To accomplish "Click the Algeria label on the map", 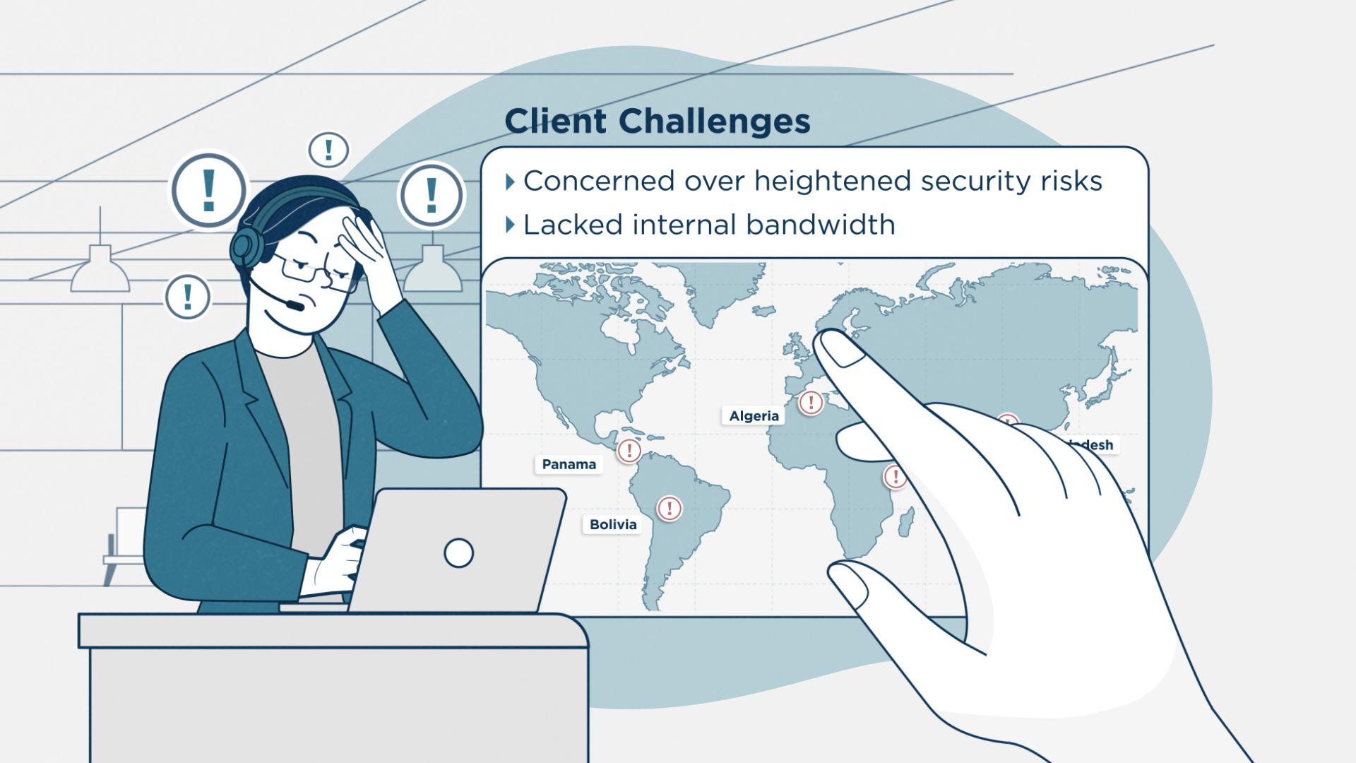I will coord(754,416).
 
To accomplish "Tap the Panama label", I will coord(569,464).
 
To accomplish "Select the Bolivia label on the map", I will coord(613,524).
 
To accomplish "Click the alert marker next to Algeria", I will coord(811,403).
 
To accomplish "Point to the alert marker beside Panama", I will coord(629,450).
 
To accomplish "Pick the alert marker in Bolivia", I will coord(669,508).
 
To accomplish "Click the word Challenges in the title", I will coord(714,122).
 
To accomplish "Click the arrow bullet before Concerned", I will coord(510,182).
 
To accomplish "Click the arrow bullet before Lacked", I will coord(510,225).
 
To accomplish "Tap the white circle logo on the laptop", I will coord(458,552).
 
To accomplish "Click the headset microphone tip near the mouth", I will coord(295,305).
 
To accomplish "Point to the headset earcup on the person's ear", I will coord(244,247).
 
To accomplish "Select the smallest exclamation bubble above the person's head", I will coord(328,150).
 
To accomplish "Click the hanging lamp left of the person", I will coord(100,271).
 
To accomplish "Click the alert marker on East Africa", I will coord(895,475).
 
